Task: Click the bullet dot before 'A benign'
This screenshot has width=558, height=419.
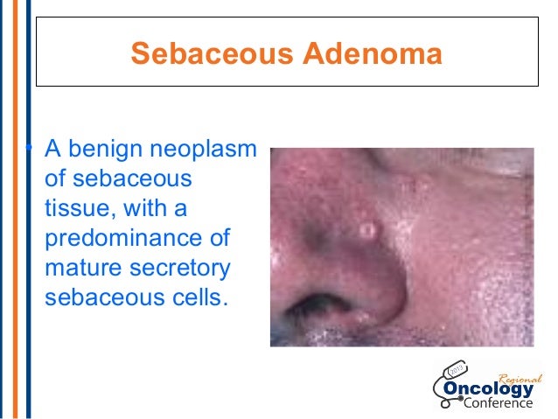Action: click(x=29, y=148)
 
